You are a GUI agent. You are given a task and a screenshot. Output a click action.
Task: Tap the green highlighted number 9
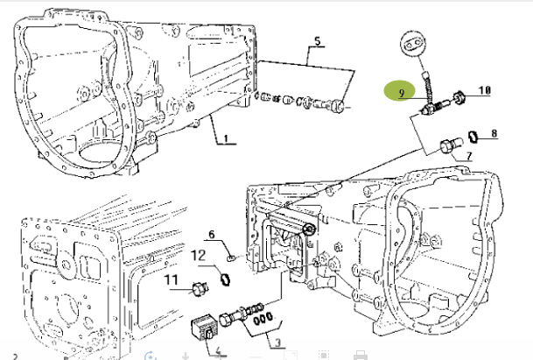click(x=399, y=91)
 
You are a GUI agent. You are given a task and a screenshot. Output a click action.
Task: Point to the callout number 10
click(x=484, y=89)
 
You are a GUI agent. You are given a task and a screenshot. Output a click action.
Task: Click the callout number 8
click(x=494, y=133)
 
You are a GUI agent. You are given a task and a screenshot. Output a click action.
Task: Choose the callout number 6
click(x=211, y=233)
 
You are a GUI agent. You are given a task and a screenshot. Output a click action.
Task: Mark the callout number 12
click(x=199, y=255)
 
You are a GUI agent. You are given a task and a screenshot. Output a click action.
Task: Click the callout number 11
click(x=172, y=279)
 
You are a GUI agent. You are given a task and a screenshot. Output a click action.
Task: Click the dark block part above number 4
click(x=204, y=328)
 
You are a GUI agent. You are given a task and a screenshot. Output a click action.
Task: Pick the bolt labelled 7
click(x=448, y=146)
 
